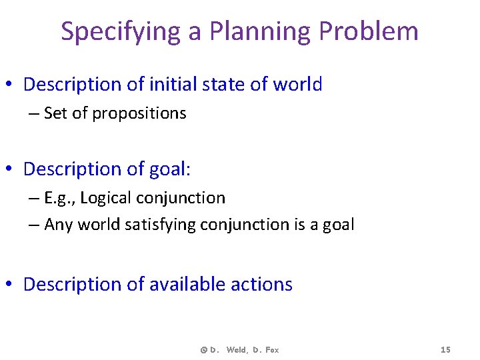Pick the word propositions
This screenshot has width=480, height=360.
[x=139, y=114]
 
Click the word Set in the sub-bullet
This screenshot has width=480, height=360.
[x=56, y=113]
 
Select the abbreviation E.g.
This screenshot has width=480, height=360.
[x=59, y=198]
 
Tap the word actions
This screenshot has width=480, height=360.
[x=261, y=285]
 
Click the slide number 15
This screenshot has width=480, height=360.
[x=446, y=350]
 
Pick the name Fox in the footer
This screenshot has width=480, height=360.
[x=271, y=350]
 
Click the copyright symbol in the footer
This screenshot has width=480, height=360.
[x=203, y=350]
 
